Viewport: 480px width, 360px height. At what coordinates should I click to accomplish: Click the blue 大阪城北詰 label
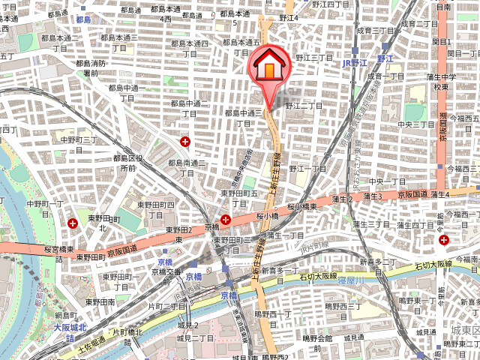click(x=70, y=333)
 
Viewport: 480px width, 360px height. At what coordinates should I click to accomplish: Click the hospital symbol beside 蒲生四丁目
click(x=445, y=240)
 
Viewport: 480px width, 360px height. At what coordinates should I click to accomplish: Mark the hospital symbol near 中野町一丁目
click(x=73, y=223)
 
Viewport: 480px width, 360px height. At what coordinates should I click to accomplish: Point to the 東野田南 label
click(x=100, y=301)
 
